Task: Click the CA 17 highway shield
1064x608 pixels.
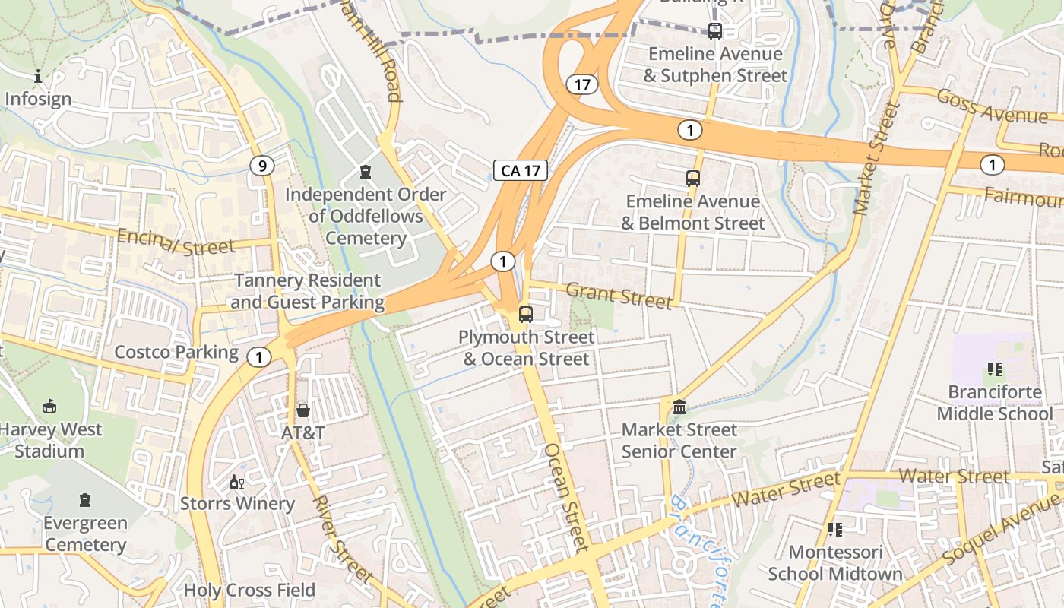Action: click(521, 170)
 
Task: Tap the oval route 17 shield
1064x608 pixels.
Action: click(582, 84)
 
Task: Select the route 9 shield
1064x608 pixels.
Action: click(262, 166)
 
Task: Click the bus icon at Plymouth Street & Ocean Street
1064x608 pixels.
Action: click(525, 314)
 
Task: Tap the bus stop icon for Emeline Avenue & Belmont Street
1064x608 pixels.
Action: click(693, 179)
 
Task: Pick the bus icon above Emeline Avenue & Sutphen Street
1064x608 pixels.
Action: click(714, 31)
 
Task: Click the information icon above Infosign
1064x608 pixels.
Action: click(38, 76)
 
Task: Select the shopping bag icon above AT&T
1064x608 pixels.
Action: click(303, 410)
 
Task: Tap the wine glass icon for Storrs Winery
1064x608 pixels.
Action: click(237, 482)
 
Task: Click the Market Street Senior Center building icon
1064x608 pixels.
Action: click(679, 407)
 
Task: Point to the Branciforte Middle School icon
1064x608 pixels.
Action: click(994, 370)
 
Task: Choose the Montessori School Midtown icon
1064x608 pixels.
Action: click(835, 529)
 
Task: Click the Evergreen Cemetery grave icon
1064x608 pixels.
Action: click(84, 500)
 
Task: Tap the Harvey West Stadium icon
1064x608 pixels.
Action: click(49, 407)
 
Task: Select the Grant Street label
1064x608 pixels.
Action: click(619, 295)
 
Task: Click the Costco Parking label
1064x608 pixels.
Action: click(176, 352)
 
